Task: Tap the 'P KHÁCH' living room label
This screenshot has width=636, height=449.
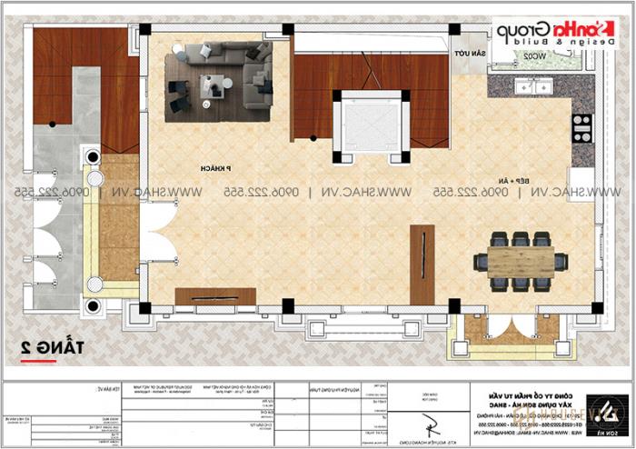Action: [214, 170]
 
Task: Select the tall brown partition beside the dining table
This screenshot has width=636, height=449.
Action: [422, 264]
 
